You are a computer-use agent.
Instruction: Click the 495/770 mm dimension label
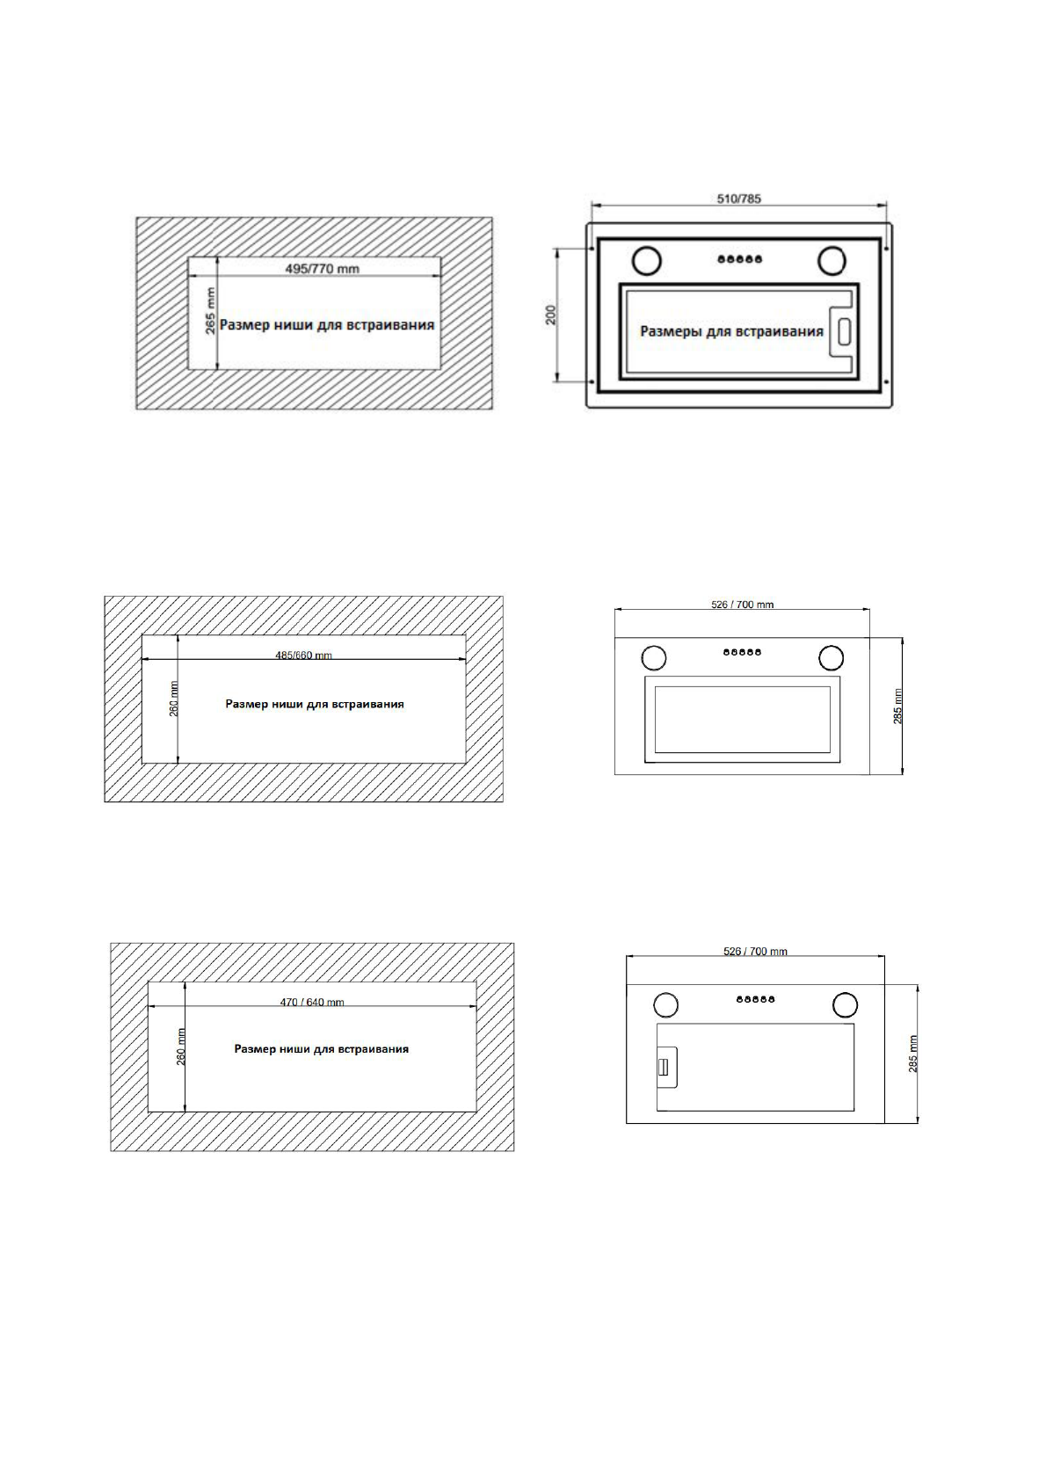323,268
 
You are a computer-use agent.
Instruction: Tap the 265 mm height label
210,312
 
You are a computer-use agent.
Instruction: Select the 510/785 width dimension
738,199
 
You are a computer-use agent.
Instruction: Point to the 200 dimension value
551,315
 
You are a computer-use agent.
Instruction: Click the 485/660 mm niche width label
304,655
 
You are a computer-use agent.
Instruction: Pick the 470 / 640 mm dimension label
312,1002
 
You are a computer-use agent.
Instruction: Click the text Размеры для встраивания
731,331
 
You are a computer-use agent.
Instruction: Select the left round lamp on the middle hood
653,657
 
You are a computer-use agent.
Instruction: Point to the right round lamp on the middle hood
831,657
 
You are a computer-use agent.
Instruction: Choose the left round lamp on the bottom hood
665,1003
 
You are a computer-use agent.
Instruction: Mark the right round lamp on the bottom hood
845,1003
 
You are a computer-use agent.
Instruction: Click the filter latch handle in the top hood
843,331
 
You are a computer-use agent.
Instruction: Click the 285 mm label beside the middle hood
897,706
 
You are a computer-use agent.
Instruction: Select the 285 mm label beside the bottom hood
912,1053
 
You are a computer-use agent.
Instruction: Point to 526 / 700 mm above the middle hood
743,605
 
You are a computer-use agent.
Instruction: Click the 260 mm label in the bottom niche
181,1047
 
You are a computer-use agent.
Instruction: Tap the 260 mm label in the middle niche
174,699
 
